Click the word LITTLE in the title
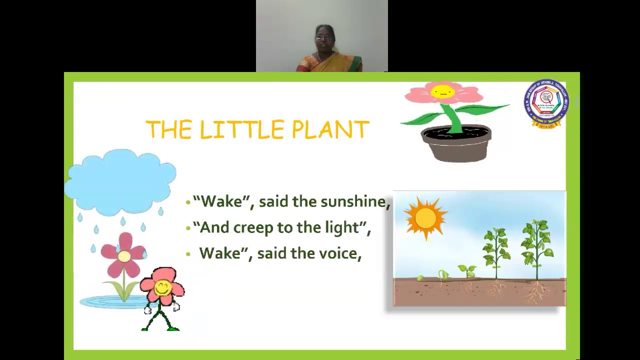click(242, 129)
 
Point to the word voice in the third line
click(341, 253)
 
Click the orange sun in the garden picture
click(425, 218)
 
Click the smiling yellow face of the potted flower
click(442, 91)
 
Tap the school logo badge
click(546, 103)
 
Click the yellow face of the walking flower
click(162, 287)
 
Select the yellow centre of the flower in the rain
click(124, 256)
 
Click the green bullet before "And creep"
click(188, 228)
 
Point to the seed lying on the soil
click(420, 277)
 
